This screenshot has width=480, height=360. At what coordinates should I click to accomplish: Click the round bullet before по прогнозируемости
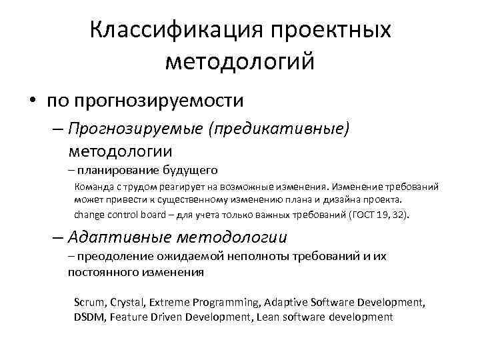(32, 101)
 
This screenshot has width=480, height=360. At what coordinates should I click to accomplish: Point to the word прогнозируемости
(159, 101)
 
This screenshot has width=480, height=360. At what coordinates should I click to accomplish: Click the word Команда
(95, 187)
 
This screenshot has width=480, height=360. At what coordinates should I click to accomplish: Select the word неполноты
(259, 257)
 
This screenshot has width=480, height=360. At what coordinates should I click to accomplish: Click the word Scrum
(89, 303)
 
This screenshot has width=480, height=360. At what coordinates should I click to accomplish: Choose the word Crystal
(130, 303)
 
